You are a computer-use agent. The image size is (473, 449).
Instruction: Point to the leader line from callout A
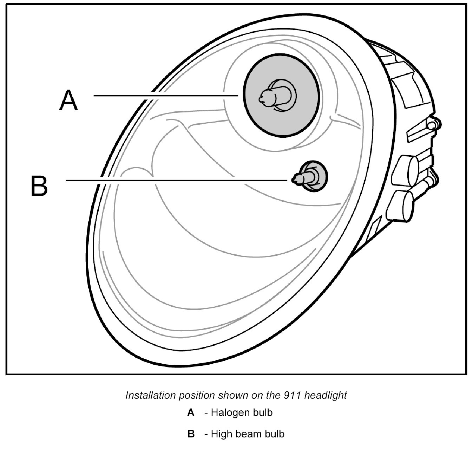pyautogui.click(x=165, y=95)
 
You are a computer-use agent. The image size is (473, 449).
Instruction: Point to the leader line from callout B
pyautogui.click(x=176, y=180)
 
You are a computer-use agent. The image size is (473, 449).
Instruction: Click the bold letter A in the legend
pyautogui.click(x=191, y=412)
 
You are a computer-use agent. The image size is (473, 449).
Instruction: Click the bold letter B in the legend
pyautogui.click(x=191, y=434)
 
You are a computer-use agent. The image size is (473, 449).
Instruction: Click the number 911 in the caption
pyautogui.click(x=291, y=395)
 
